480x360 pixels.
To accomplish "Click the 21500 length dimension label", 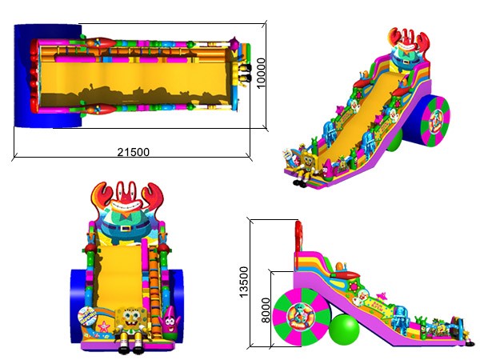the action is [x=134, y=152].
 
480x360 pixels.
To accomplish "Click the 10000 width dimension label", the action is [x=261, y=73].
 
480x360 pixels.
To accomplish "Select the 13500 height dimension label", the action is [x=244, y=282].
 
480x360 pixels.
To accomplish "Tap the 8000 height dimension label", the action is [x=266, y=310].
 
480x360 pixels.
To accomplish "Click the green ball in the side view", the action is [x=344, y=330].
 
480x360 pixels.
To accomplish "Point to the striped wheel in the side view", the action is [x=302, y=317].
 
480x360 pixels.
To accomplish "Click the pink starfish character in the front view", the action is [x=169, y=321].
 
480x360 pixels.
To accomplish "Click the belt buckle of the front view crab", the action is [x=124, y=228].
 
